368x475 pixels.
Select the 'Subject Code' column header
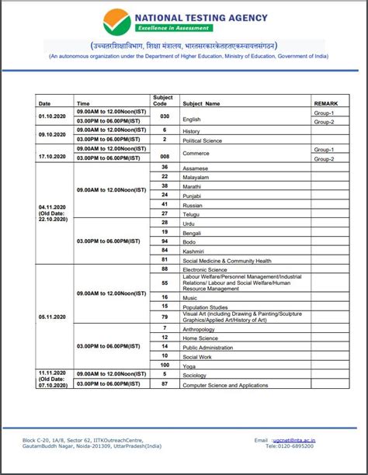tap(164, 99)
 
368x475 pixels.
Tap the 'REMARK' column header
tap(325, 102)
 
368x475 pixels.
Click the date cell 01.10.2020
tap(54, 116)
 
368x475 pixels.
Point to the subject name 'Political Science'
tap(203, 140)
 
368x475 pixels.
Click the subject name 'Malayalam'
tap(196, 177)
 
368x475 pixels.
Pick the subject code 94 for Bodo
tap(164, 250)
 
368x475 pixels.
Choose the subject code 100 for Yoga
tap(164, 365)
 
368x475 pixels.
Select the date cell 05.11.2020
tap(54, 317)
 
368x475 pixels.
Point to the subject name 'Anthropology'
tap(200, 328)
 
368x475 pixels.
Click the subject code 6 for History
tap(164, 130)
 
